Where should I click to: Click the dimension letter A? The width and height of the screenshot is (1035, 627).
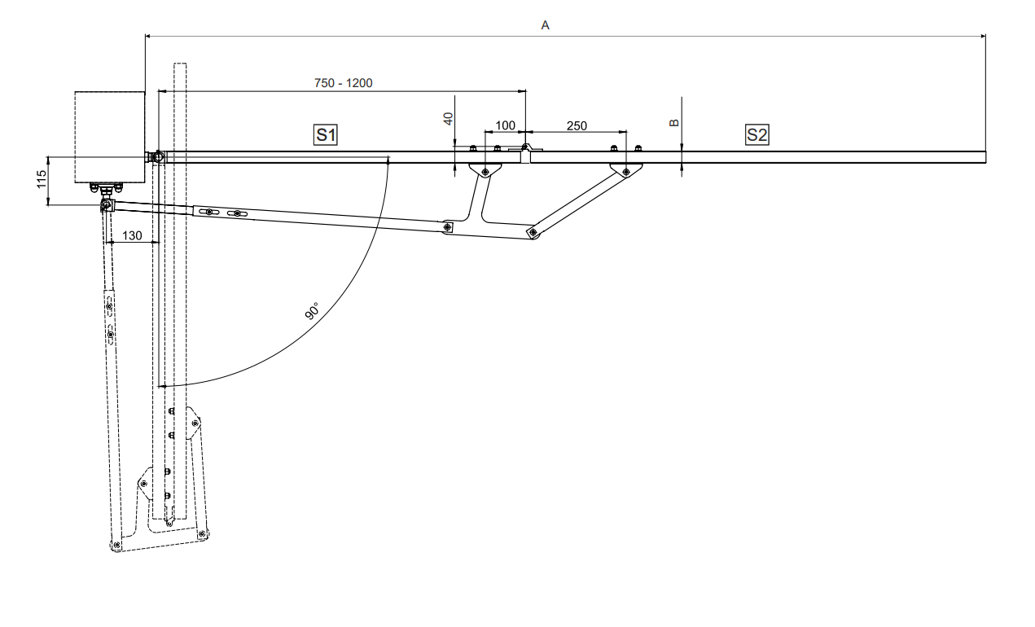click(x=546, y=25)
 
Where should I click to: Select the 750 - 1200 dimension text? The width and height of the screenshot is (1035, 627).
click(x=343, y=82)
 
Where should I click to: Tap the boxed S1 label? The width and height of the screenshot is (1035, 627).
click(x=326, y=134)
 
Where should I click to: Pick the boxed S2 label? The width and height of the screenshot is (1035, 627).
click(x=757, y=134)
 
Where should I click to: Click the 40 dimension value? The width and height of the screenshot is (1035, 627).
click(x=448, y=119)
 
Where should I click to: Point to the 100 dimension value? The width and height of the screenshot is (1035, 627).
click(x=505, y=125)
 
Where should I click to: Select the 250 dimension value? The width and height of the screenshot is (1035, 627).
click(x=576, y=125)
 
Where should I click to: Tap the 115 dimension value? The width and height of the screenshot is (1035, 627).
click(x=40, y=181)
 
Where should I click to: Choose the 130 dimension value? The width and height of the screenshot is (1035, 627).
click(x=132, y=236)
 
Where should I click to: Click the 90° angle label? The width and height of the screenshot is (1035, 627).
click(x=312, y=312)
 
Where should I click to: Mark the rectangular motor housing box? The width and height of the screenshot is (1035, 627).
click(x=110, y=136)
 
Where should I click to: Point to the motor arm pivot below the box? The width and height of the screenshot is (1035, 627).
click(x=106, y=207)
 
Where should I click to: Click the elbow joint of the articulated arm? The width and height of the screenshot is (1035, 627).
click(x=533, y=233)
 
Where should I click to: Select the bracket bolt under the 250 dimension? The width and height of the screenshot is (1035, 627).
click(x=625, y=171)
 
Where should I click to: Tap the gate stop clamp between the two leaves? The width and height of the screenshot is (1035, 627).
click(x=526, y=151)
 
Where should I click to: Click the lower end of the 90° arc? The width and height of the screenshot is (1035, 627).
click(x=163, y=385)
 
